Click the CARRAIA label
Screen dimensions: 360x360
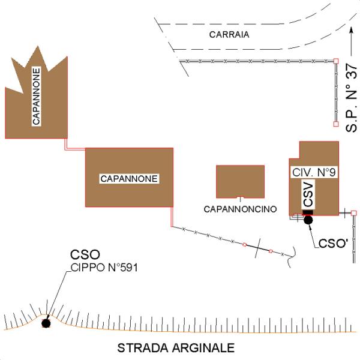[x=229, y=34]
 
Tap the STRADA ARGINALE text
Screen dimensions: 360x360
[x=176, y=348]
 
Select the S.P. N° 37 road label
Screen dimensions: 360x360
[x=351, y=98]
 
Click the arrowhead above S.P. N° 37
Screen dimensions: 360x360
[x=351, y=31]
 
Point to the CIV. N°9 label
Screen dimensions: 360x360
[x=314, y=172]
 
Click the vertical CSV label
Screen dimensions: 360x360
[x=308, y=194]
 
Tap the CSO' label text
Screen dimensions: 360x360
[x=334, y=244]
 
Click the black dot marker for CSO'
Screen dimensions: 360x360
[x=308, y=220]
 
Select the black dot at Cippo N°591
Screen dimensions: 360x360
[x=46, y=323]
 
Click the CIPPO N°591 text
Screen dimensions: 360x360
[x=104, y=268]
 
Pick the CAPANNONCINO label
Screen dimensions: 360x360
[x=240, y=209]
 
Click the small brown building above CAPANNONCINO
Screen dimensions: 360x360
[x=241, y=181]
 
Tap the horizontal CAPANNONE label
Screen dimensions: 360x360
[x=129, y=179]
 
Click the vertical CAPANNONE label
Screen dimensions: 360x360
[x=36, y=97]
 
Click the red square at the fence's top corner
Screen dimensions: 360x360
[x=336, y=61]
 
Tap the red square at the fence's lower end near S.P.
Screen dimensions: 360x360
[x=336, y=124]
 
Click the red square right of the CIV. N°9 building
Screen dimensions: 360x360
[x=354, y=213]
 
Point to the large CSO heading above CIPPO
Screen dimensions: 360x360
[x=85, y=254]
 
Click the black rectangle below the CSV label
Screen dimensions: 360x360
[x=308, y=212]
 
